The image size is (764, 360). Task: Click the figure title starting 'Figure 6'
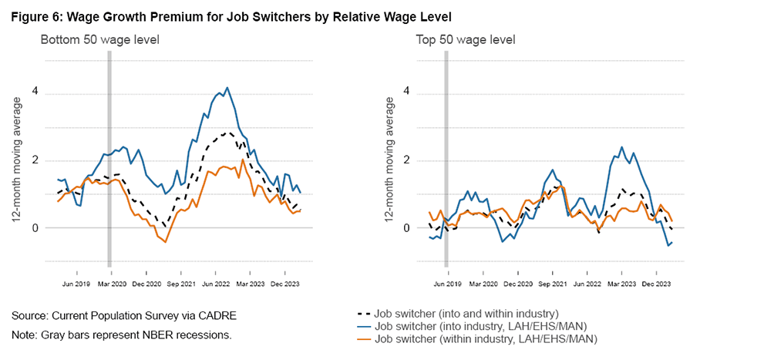coord(231,16)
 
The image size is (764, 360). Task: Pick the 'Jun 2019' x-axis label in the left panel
coord(77,272)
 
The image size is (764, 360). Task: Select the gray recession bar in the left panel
coord(109,154)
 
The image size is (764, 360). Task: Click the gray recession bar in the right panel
coord(446,154)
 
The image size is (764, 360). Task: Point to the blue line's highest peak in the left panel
coord(227,88)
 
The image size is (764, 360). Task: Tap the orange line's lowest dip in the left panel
coord(166,242)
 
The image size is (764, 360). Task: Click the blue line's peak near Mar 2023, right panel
coord(621,147)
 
